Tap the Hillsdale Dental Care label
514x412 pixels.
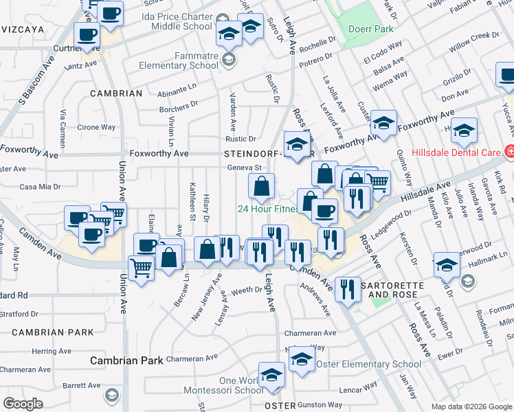pos(455,152)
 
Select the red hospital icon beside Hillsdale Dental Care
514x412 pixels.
pos(509,150)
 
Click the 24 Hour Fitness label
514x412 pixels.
pos(268,209)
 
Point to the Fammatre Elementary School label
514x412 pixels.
pos(177,62)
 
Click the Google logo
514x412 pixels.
pos(23,403)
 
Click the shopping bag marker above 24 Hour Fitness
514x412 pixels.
pos(261,185)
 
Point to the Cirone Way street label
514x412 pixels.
pos(96,127)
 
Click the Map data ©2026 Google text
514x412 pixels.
pos(471,407)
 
